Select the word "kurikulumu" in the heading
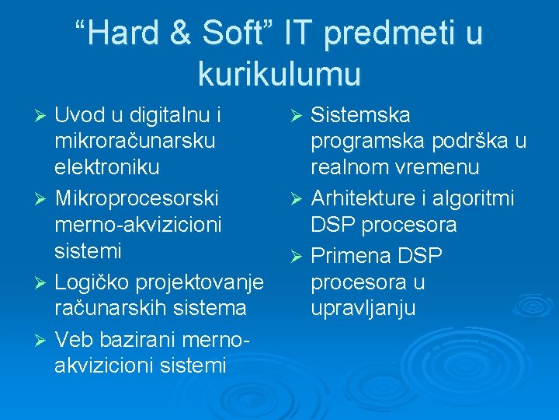279,74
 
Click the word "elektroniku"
107,167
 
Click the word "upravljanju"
363,307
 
